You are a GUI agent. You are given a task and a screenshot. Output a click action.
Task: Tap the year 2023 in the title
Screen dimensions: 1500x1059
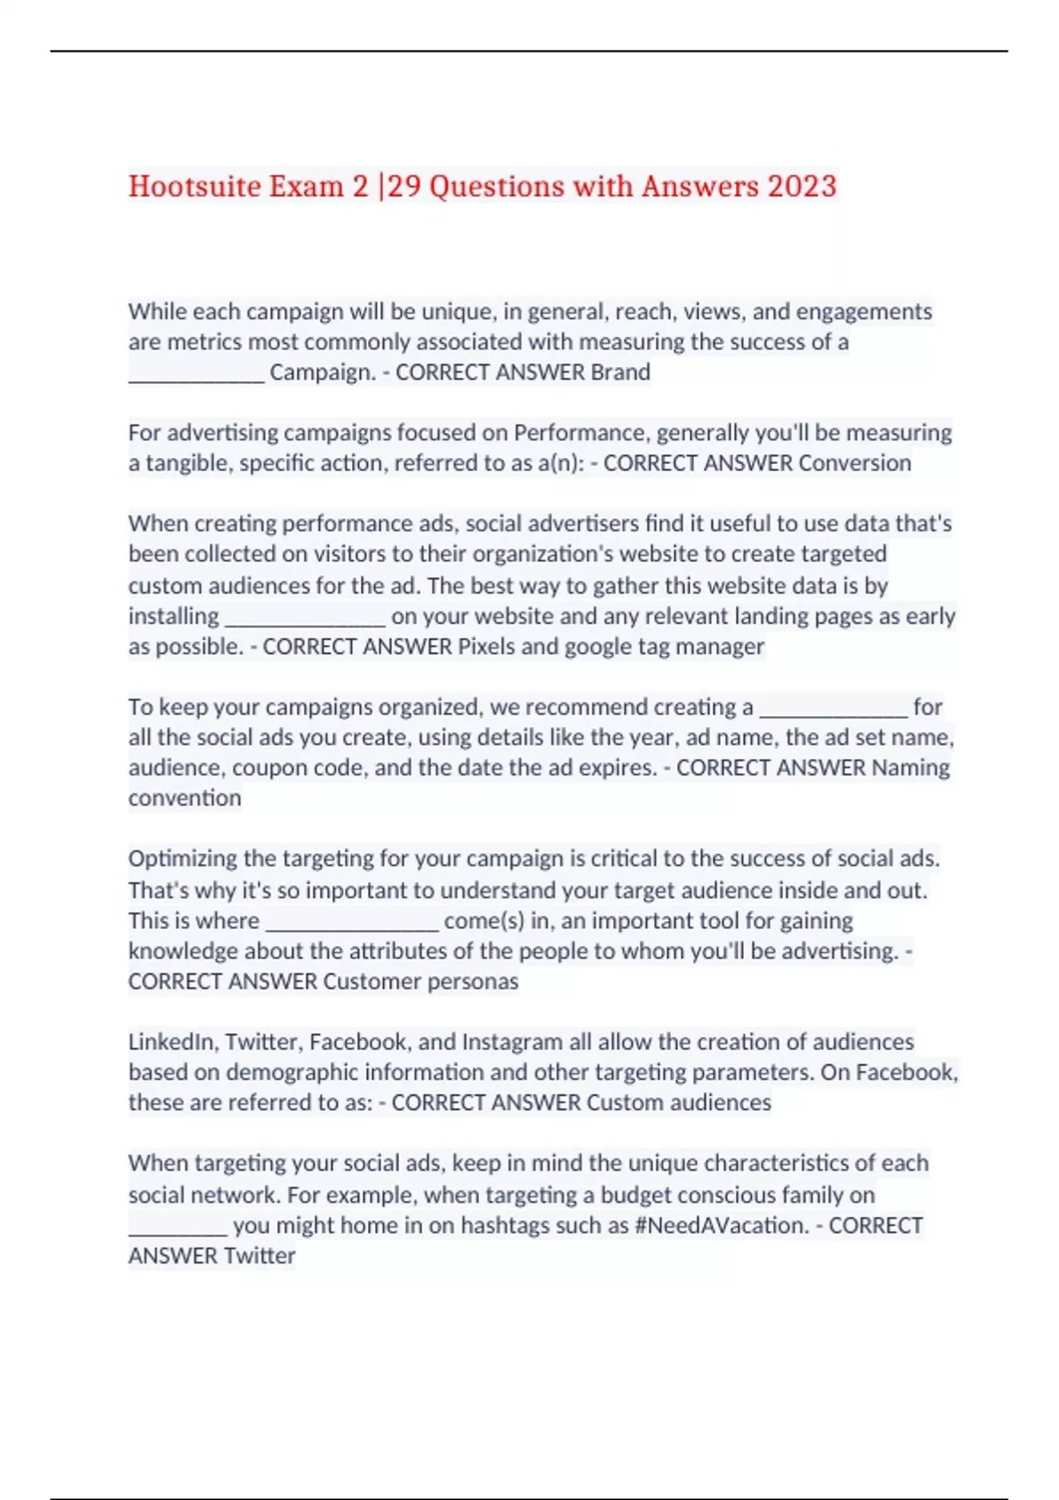[x=801, y=186]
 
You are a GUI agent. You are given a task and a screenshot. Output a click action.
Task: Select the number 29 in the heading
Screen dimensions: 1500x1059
[x=403, y=186]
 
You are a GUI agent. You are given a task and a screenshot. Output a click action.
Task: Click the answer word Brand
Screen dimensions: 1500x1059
[x=620, y=372]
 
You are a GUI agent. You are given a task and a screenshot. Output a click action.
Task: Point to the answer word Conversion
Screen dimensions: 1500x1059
[x=855, y=463]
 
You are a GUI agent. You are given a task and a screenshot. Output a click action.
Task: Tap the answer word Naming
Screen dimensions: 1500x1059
[x=911, y=768]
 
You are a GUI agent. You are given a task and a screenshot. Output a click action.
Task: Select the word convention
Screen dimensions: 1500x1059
[x=184, y=799]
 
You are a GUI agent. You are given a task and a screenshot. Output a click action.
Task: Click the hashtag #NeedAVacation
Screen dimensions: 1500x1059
[x=721, y=1226]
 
